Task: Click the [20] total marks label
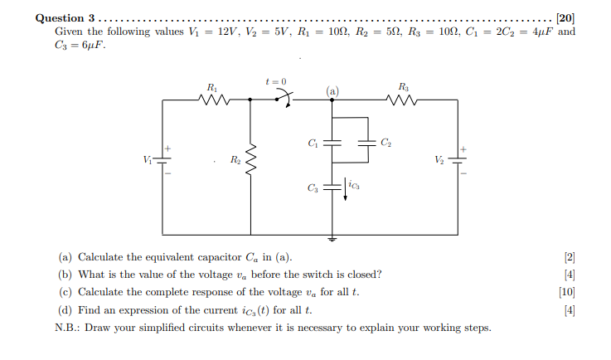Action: coord(565,17)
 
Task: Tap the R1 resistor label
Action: coord(212,86)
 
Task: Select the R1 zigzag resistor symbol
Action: coord(214,100)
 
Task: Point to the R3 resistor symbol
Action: coord(403,100)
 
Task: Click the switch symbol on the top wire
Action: coord(284,100)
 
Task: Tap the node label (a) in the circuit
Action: coord(332,90)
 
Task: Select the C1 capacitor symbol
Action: coord(332,143)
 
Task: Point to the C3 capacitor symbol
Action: coord(332,189)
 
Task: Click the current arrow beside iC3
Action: coord(345,187)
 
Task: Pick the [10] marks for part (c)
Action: coord(568,292)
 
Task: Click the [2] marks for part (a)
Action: coord(570,257)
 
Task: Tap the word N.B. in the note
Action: coord(65,327)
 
